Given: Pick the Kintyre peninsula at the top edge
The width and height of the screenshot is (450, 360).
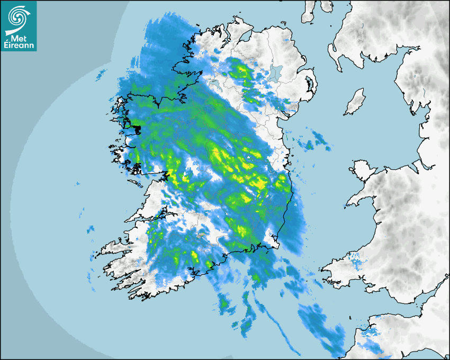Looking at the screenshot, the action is pos(309,12).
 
